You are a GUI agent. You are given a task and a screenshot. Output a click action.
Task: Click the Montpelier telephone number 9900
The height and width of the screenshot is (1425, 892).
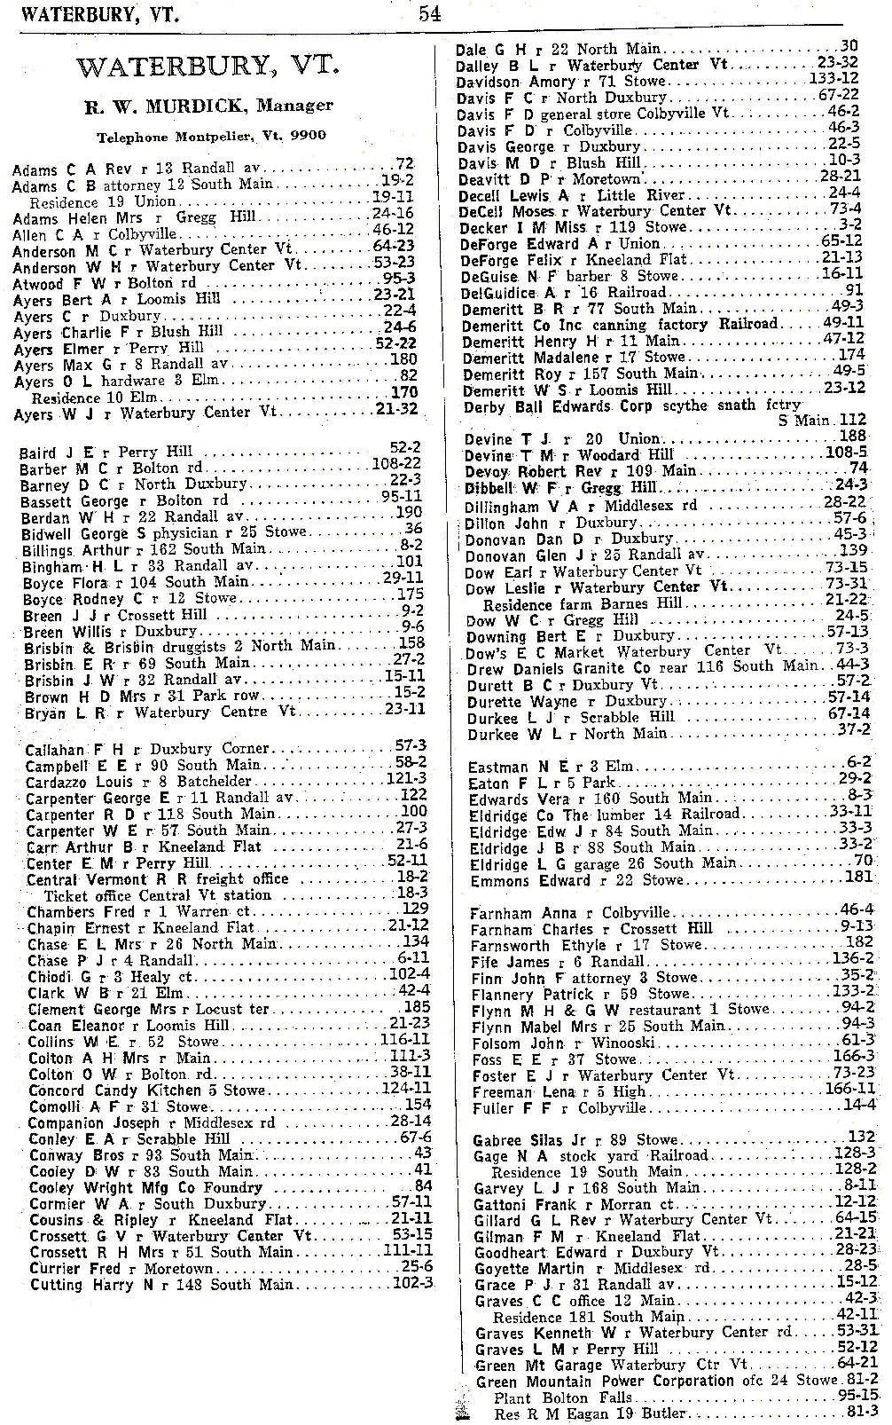308,136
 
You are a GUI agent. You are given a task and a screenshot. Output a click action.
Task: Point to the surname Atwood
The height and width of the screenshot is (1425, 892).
37,284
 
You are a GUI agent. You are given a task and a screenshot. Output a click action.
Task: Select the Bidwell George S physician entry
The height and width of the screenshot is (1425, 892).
164,532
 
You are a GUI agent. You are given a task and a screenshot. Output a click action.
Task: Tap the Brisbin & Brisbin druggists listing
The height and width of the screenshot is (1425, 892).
180,646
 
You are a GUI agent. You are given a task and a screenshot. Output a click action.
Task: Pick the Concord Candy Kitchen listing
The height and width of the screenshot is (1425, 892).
146,1090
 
